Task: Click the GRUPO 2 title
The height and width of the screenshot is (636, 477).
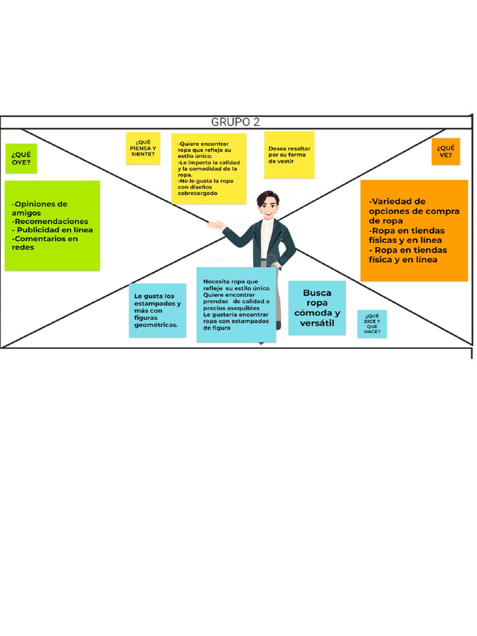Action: [235, 122]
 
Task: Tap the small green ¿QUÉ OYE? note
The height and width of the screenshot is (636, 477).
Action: [21, 158]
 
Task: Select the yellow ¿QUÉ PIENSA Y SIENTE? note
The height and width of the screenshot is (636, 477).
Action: [143, 148]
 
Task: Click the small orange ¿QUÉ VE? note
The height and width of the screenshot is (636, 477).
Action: [446, 152]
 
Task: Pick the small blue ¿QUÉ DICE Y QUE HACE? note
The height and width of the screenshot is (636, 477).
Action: [372, 324]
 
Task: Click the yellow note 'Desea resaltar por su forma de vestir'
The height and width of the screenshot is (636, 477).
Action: [289, 155]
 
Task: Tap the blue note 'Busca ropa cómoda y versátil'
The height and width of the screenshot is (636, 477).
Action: [317, 308]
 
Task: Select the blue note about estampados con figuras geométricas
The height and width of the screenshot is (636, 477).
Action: [157, 311]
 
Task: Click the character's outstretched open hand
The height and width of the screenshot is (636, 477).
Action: [215, 224]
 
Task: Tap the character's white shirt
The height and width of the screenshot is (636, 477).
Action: [266, 238]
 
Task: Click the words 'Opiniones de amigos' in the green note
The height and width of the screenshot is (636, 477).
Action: [40, 209]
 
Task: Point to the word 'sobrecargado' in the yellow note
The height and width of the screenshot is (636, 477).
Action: [198, 194]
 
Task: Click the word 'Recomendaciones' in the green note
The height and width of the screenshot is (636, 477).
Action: [52, 222]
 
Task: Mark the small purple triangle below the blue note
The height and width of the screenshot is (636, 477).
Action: [261, 343]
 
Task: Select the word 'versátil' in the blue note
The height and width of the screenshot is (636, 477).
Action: [317, 323]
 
